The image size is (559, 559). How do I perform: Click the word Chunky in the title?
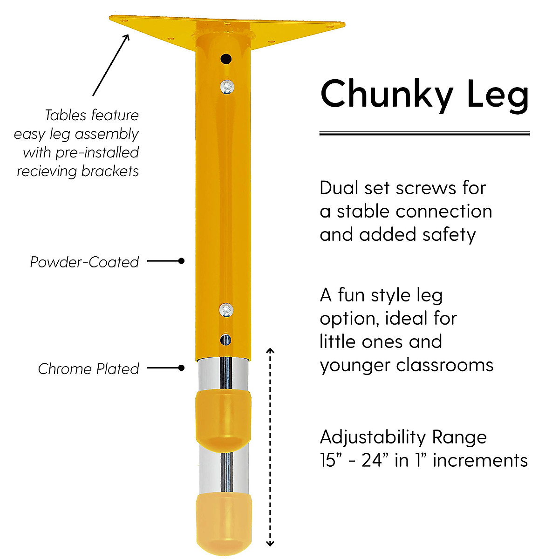pos(387,95)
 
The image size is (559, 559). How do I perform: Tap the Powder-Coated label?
pos(84,262)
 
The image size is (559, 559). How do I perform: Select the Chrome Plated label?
pos(89,369)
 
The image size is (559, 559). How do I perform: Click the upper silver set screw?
pos(227,86)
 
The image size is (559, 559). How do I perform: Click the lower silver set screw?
pos(226,309)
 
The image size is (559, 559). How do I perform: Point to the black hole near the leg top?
pos(226,59)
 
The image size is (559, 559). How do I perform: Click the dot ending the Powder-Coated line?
pos(181,261)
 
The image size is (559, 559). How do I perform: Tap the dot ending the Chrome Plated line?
pos(181,368)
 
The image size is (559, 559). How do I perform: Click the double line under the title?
pos(424,134)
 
